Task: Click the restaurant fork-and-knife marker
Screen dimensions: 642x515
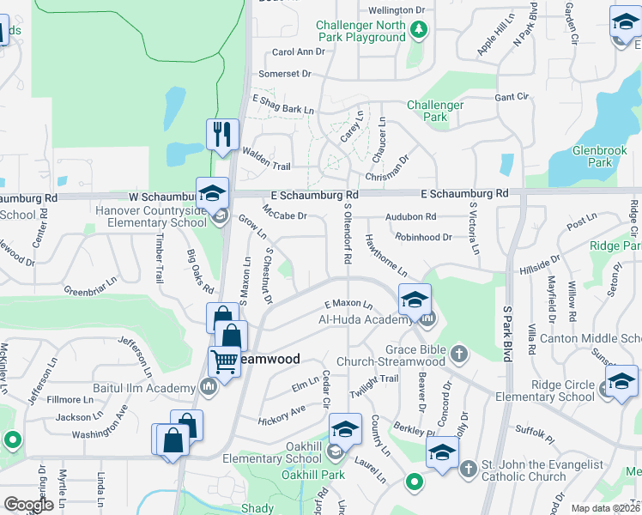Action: tap(222, 134)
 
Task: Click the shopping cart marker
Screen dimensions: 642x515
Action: tap(224, 362)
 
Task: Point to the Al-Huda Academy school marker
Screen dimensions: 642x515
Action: tap(415, 300)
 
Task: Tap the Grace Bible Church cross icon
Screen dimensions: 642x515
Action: tap(460, 353)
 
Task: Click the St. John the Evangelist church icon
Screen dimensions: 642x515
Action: tap(468, 469)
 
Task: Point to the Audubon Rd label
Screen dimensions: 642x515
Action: tap(411, 217)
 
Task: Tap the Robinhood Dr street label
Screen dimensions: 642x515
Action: tap(423, 237)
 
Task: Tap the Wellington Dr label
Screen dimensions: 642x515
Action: tap(397, 9)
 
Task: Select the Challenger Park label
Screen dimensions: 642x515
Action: tap(435, 111)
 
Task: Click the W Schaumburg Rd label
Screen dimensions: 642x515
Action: tap(91, 197)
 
